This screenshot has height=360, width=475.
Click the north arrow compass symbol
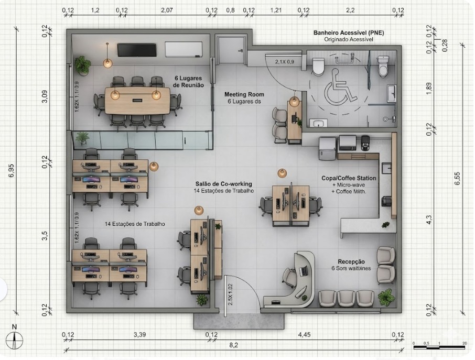(15, 340)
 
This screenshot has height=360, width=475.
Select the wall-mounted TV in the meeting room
(137, 50)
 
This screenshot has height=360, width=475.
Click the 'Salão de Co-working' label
(223, 184)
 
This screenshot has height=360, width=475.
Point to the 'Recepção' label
(351, 261)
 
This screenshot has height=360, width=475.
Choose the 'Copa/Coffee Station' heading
(349, 178)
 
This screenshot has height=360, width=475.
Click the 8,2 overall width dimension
(233, 345)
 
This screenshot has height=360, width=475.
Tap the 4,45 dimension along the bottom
(304, 334)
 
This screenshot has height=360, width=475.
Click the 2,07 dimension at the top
(167, 10)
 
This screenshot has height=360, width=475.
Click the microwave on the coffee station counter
(348, 143)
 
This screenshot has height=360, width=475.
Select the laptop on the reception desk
(304, 271)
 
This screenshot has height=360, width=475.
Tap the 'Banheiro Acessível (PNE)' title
(349, 32)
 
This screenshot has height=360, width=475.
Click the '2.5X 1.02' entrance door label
(230, 294)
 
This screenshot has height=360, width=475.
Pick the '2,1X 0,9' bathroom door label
(284, 62)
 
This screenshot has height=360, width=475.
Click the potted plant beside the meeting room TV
(82, 66)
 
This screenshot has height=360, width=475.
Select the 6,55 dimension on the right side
(457, 178)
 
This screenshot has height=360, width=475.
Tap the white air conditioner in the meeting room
(183, 49)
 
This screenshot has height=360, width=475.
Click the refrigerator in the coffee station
(328, 148)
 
